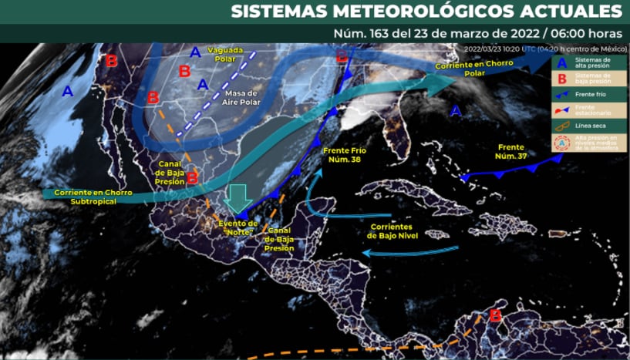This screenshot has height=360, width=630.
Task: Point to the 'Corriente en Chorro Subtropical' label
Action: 85,197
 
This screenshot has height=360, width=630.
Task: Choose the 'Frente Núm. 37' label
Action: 511,151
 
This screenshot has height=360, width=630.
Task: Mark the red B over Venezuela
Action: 495,315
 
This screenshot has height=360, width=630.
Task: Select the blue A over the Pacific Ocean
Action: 68,92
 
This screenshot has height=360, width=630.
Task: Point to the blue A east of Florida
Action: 455,112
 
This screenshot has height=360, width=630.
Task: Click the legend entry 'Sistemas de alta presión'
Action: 595,62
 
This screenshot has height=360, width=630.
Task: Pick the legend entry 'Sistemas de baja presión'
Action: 595,78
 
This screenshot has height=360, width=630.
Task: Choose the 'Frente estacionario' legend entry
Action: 595,110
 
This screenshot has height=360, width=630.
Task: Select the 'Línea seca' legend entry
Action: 595,126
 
